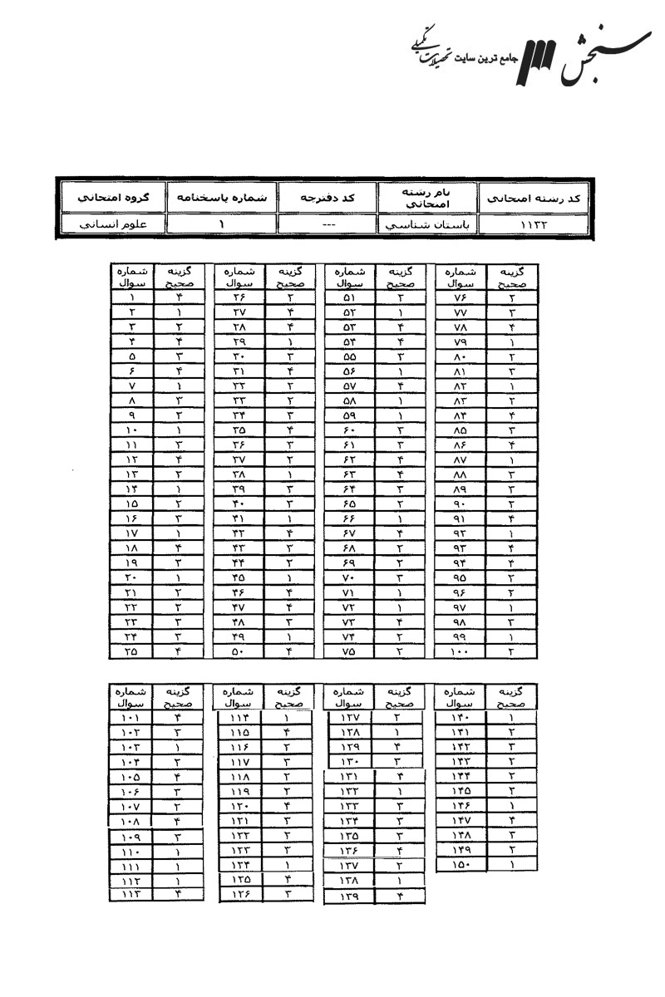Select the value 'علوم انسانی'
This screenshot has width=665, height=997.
(x=111, y=224)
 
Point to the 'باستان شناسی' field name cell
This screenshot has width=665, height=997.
(x=429, y=224)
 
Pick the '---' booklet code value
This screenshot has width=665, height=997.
(x=327, y=224)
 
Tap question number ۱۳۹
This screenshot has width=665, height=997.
(x=348, y=896)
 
